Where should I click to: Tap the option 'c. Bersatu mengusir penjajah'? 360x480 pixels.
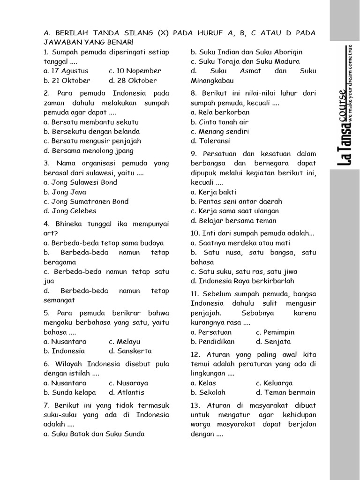(92, 141)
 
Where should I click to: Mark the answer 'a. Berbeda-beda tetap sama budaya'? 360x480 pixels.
(104, 243)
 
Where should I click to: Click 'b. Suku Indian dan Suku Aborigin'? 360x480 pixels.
(247, 52)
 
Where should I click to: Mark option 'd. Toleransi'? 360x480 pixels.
(210, 141)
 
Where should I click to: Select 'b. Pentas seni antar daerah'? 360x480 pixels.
(237, 201)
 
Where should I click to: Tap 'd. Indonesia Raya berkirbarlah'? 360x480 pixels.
(242, 281)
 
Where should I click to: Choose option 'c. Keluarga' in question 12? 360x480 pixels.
(274, 382)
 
